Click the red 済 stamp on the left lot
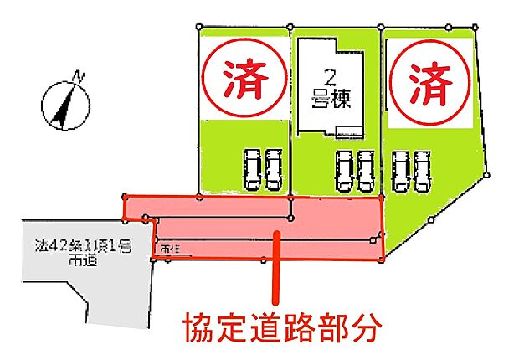(x=243, y=79)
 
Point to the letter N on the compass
(x=79, y=78)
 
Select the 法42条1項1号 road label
(x=78, y=247)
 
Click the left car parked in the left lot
(x=250, y=170)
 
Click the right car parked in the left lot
(x=274, y=170)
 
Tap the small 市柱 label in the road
(x=168, y=249)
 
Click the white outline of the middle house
(x=301, y=84)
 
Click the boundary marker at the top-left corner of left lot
(x=199, y=26)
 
